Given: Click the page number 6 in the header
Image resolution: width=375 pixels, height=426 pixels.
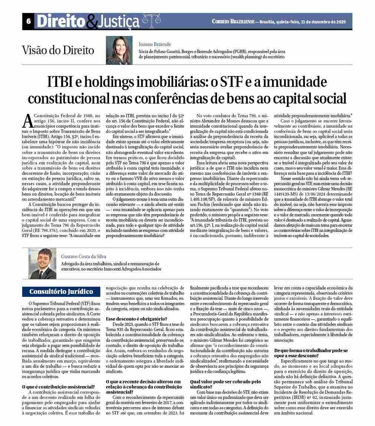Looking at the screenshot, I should [28, 22].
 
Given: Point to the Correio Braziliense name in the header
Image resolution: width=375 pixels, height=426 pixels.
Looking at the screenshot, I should [233, 22].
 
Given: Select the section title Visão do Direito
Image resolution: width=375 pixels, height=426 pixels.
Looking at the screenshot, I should [58, 50].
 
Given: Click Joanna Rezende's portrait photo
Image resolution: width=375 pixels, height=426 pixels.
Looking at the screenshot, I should [119, 50].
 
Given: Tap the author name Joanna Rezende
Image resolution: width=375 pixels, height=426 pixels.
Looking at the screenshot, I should [155, 45].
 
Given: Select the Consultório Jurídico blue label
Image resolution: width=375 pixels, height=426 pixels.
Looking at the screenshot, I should [61, 291].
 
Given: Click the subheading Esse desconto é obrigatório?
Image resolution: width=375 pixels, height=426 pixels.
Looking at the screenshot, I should [136, 319].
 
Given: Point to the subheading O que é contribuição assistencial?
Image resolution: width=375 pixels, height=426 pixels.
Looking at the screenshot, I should [59, 387].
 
